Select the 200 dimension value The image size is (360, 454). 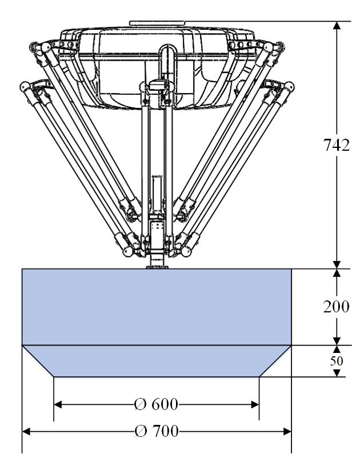click(337, 307)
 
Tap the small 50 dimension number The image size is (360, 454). click(337, 361)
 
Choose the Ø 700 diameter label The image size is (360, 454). click(155, 431)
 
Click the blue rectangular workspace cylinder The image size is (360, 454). click(157, 307)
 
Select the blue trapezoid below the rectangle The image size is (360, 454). click(157, 361)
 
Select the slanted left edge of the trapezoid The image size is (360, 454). click(38, 361)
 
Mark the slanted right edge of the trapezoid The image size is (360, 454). click(275, 361)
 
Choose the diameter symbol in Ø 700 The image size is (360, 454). click(141, 431)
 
